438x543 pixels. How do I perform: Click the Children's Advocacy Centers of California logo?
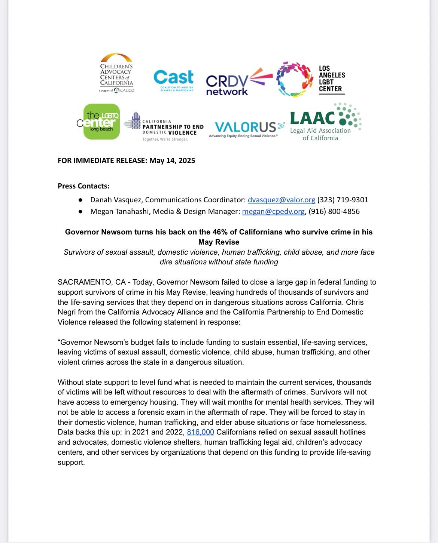[x=116, y=73]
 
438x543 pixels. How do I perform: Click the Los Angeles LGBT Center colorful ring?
[x=294, y=80]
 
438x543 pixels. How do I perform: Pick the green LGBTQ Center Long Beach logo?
[x=101, y=122]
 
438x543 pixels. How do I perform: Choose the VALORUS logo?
[x=246, y=129]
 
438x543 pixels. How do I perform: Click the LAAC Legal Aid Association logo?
[x=325, y=122]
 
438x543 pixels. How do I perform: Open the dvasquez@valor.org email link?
[x=281, y=200]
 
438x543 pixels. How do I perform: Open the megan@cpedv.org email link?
[x=273, y=211]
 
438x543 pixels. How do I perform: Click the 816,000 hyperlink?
[x=200, y=432]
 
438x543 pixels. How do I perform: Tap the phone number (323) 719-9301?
[x=343, y=200]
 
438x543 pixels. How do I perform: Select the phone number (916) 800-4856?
[x=334, y=211]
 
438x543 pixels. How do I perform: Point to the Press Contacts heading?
[x=83, y=186]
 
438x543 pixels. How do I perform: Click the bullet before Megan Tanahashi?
[x=80, y=212]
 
